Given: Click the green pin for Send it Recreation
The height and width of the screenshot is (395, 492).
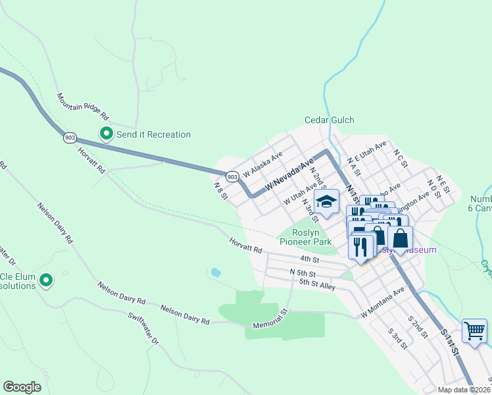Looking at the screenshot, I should [105, 134].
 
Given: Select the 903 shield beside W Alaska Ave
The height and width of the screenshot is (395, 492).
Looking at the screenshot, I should [232, 176].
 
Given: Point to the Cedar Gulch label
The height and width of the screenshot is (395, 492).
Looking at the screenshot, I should [329, 120].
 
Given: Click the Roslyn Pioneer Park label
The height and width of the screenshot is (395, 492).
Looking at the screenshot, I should [305, 237].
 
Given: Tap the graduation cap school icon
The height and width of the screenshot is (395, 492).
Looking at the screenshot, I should [326, 201].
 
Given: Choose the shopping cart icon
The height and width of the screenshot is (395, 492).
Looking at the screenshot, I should [474, 330].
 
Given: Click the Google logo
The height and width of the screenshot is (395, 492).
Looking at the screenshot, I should [22, 386].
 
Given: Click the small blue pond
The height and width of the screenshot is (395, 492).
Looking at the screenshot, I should [215, 272].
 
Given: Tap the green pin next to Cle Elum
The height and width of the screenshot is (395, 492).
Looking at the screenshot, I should [46, 281].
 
